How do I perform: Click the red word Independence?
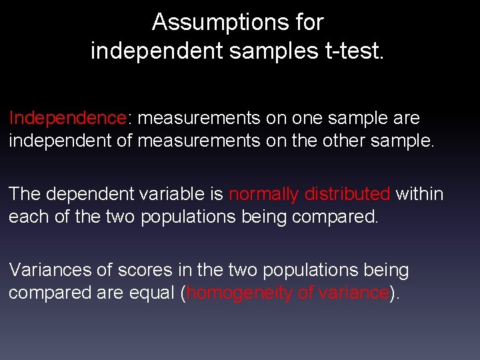[67, 118]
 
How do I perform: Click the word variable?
[171, 194]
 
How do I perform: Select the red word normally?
[263, 194]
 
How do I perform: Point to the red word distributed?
[347, 194]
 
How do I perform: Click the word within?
[419, 194]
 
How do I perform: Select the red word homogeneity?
[238, 293]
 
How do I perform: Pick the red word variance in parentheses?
[350, 293]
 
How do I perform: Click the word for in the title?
[309, 23]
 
